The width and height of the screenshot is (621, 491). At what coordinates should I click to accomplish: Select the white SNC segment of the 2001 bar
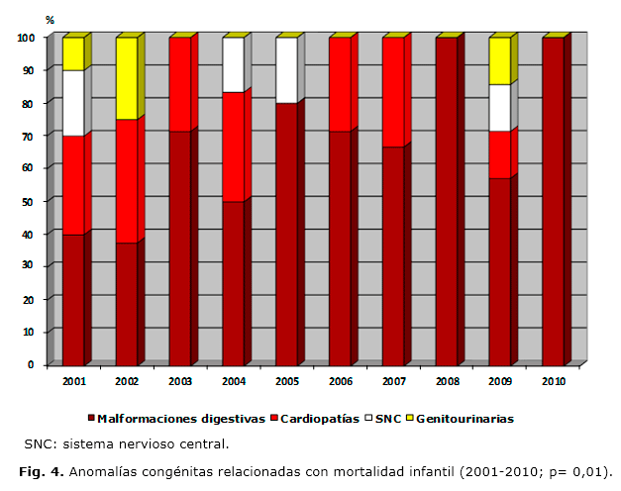pos(72,103)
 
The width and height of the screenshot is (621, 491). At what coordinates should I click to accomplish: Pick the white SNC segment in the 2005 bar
pos(286,70)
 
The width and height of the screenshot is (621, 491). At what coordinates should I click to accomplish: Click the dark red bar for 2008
pos(446,201)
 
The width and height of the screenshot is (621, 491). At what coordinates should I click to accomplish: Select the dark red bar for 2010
pos(553,201)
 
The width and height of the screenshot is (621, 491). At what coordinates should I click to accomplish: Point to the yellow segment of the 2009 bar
pos(499,61)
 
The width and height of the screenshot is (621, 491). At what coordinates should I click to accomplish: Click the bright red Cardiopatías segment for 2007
pos(392,92)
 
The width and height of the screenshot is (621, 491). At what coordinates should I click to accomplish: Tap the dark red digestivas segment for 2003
pos(179,247)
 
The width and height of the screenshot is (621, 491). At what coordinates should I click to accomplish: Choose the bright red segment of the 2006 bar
pos(339,84)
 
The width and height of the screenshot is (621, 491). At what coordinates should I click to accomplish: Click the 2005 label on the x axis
pos(286,381)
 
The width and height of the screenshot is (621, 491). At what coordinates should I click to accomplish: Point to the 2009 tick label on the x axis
pos(499,381)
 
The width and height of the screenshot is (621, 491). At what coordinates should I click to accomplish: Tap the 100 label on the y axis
pos(26,38)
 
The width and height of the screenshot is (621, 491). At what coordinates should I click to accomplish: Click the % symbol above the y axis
pos(50,21)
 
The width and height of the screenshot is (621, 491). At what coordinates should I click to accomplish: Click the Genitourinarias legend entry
pos(465,419)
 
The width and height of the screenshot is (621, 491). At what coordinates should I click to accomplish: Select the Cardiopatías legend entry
pos(319,419)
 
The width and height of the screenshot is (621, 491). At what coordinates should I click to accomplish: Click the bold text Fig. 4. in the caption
pos(42,470)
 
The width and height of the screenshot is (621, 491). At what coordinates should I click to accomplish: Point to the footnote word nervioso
pos(150,443)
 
